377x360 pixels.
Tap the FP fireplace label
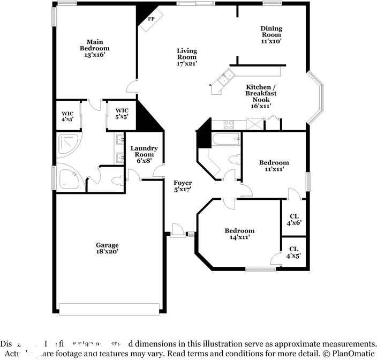[151, 19]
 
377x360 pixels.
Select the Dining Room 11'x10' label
[271, 35]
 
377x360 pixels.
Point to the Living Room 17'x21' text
[187, 57]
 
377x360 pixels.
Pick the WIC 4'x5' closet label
[67, 116]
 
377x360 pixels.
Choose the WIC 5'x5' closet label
[122, 114]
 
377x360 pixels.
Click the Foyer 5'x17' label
[183, 186]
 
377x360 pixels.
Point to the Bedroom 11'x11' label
[274, 166]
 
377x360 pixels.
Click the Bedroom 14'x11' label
[239, 234]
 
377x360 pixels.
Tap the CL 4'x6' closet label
[293, 219]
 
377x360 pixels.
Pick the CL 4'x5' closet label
[293, 252]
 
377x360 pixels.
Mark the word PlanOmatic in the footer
[352, 354]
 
